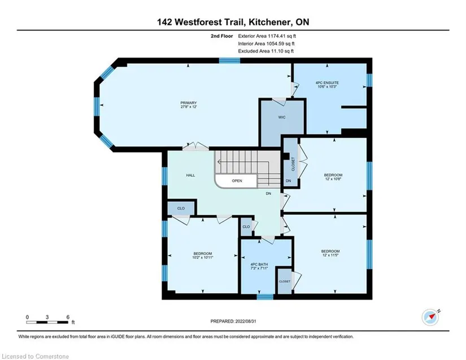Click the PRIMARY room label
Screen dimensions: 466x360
tap(189, 103)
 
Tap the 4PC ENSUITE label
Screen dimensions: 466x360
tap(327, 83)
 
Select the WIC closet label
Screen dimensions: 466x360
tap(282, 117)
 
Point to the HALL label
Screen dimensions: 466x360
tap(190, 175)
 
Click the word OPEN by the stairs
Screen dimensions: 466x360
tap(237, 181)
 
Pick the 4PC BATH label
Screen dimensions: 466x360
tap(259, 264)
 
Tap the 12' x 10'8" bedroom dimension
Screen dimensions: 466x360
tap(333, 179)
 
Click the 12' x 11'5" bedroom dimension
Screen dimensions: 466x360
tap(330, 255)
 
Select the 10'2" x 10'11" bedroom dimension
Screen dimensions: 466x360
tap(203, 258)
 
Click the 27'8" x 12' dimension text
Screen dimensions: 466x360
tap(189, 107)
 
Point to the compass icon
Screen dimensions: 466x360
tap(430, 317)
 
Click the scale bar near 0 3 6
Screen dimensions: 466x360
tap(47, 322)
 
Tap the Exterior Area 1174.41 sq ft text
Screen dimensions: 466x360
tap(267, 36)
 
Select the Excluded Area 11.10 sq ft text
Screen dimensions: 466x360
tap(265, 51)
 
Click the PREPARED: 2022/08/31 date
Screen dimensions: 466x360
tap(233, 321)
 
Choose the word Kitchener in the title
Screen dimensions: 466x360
tap(270, 22)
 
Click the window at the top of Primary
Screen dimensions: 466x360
tap(229, 60)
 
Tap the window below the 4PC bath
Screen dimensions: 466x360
tap(265, 297)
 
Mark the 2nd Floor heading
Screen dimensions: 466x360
tap(222, 36)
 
